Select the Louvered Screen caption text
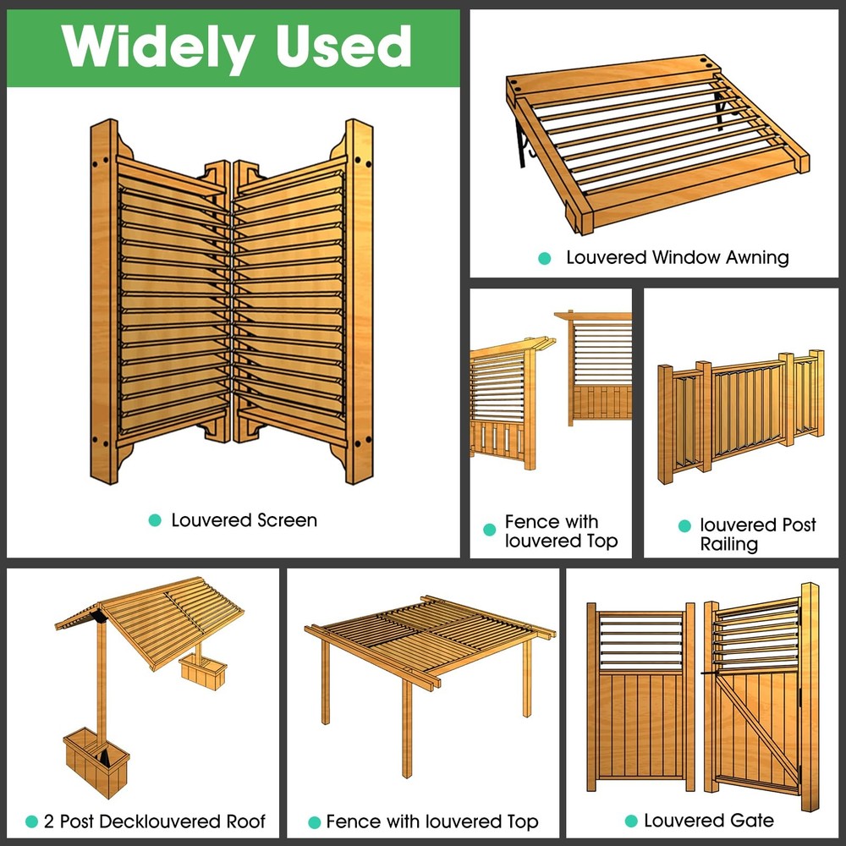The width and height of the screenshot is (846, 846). [244, 520]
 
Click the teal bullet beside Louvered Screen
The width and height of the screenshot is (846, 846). [154, 521]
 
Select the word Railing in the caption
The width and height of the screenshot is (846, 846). [728, 544]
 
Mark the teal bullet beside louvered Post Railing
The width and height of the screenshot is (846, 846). [684, 526]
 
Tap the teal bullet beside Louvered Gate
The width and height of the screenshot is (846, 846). [630, 821]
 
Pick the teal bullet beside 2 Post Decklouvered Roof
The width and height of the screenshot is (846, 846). [32, 821]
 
